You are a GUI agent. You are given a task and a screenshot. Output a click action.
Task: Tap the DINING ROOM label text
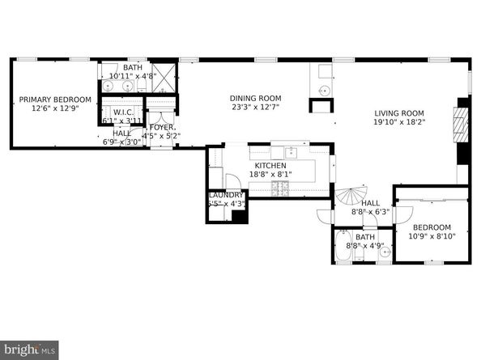(x=255, y=95)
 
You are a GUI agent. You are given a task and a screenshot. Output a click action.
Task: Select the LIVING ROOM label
(x=399, y=113)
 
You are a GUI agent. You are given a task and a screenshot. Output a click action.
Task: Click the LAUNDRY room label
(x=225, y=195)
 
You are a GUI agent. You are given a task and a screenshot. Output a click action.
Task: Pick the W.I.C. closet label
(x=123, y=112)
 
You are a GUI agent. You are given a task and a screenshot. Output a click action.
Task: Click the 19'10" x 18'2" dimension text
(x=399, y=122)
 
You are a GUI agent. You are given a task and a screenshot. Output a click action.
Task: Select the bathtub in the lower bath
(x=344, y=252)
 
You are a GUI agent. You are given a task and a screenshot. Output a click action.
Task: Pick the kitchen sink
(x=290, y=152)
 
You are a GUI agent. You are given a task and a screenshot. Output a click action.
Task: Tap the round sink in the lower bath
(x=385, y=252)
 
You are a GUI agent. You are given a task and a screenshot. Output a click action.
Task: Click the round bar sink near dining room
(x=322, y=89)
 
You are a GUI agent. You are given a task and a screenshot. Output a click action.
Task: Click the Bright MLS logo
(x=30, y=349)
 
